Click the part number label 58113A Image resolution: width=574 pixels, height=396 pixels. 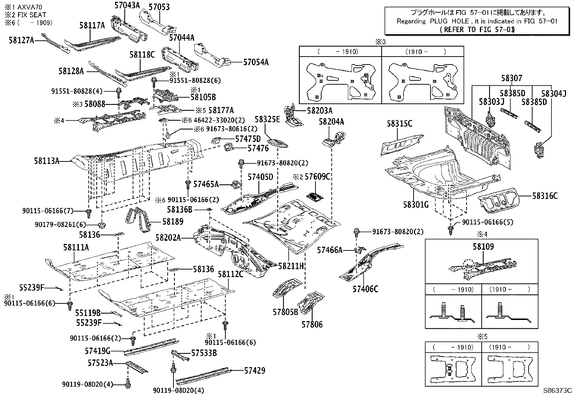(47, 161)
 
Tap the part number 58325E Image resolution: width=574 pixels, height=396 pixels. (268, 119)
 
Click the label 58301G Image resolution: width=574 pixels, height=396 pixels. (416, 205)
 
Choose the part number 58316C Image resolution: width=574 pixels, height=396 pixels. (545, 196)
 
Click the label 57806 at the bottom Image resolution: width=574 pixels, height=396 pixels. (312, 324)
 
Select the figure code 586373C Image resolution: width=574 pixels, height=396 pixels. (558, 390)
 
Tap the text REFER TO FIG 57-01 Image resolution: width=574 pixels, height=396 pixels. (477, 30)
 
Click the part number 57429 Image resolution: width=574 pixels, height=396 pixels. (255, 370)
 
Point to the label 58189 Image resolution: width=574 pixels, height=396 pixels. (173, 221)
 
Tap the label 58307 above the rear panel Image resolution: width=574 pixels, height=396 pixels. (511, 78)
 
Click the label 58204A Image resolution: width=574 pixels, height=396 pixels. (331, 122)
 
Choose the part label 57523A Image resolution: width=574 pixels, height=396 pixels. (100, 362)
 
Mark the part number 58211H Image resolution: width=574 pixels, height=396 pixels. (291, 266)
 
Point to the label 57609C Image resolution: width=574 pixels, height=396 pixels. (317, 177)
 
